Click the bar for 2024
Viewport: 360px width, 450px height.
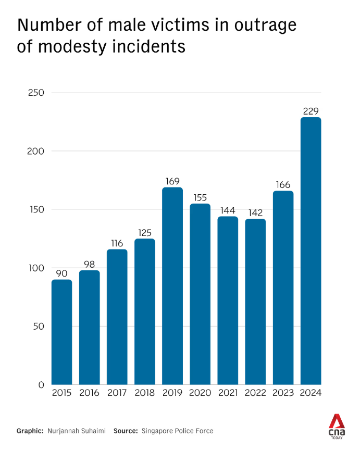311,251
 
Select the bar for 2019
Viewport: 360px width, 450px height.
172,286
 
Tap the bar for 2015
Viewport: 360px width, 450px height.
61,332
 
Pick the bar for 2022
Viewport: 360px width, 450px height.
255,302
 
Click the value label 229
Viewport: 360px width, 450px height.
311,111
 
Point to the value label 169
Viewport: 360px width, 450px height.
172,181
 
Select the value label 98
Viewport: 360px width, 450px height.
89,264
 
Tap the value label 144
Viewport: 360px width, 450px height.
228,210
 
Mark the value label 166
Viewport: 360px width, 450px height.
283,185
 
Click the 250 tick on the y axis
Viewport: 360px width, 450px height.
37,93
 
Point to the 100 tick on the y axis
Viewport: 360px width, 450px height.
37,268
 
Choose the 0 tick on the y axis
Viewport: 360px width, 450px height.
41,385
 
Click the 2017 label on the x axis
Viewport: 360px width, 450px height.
117,393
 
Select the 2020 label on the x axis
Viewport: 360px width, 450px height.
200,393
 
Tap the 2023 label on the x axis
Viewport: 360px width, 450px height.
283,393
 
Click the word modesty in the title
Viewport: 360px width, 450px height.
77,47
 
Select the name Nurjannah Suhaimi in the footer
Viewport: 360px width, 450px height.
76,431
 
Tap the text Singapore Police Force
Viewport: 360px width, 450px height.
177,431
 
